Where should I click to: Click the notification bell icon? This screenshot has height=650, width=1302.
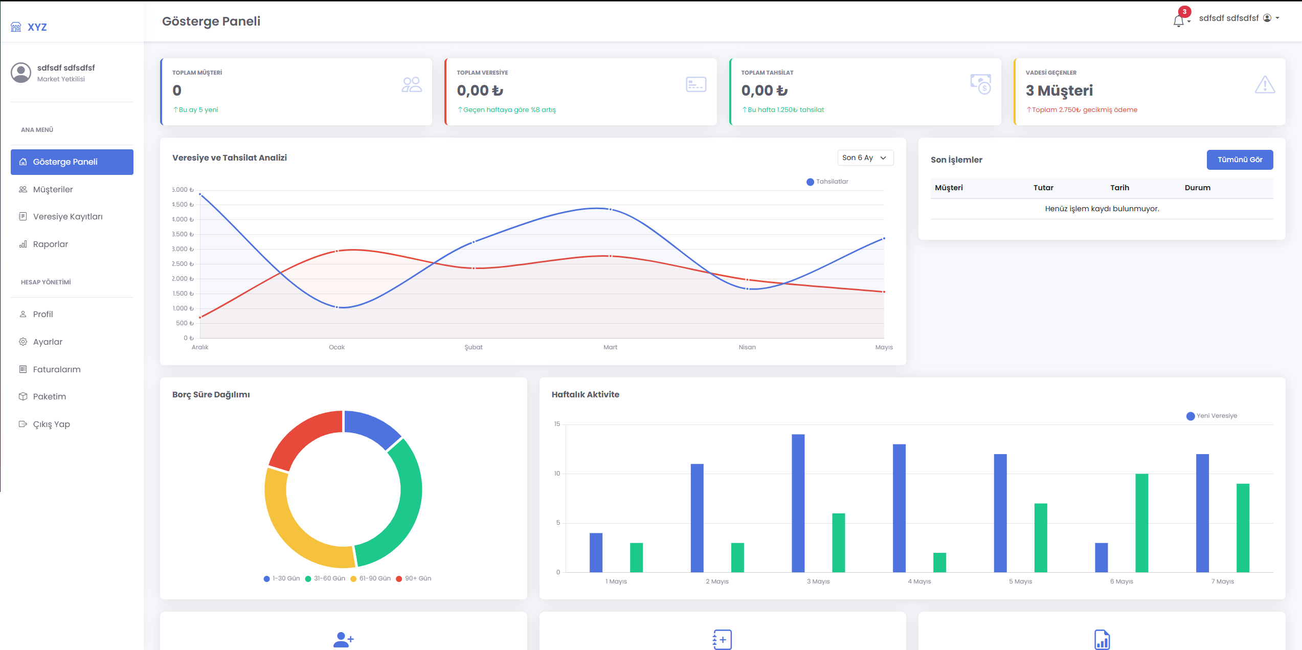coord(1179,21)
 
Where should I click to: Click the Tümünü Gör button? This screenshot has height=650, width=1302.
coord(1240,160)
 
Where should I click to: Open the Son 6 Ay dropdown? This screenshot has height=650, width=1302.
coord(865,158)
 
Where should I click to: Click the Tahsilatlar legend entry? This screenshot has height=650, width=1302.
coord(827,182)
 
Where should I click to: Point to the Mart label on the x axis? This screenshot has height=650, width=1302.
coord(610,347)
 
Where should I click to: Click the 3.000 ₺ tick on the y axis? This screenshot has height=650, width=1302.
coord(183,249)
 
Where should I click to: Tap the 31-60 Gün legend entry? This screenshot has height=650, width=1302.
coord(325,578)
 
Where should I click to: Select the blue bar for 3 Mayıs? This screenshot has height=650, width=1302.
coord(798,503)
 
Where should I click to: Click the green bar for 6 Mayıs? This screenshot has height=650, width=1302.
coord(1141,523)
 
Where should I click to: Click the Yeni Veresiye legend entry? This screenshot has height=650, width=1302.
coord(1211,416)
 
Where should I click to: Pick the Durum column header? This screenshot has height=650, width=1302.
coord(1198,188)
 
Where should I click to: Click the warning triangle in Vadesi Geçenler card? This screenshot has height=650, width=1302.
coord(1265,85)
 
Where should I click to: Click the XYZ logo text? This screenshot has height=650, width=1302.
coord(37,27)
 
